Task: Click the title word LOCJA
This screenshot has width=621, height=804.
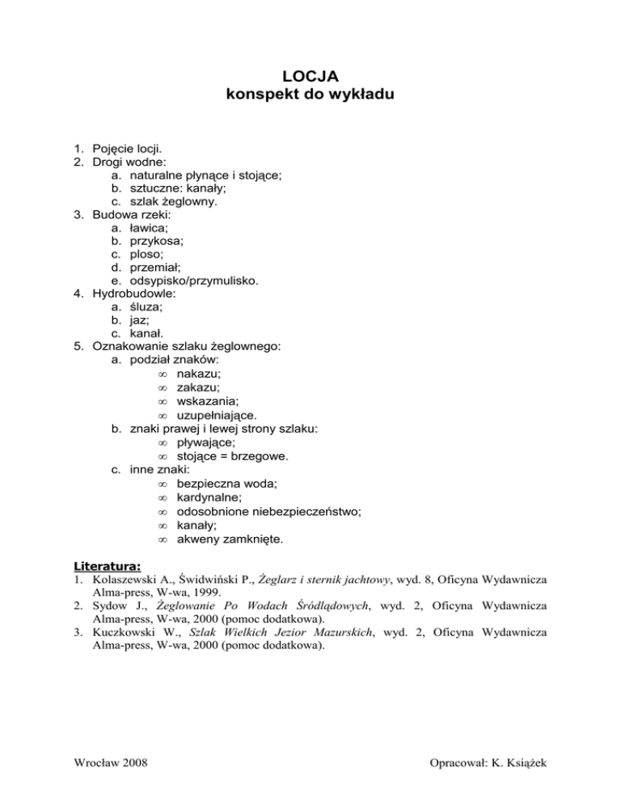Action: click(310, 78)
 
